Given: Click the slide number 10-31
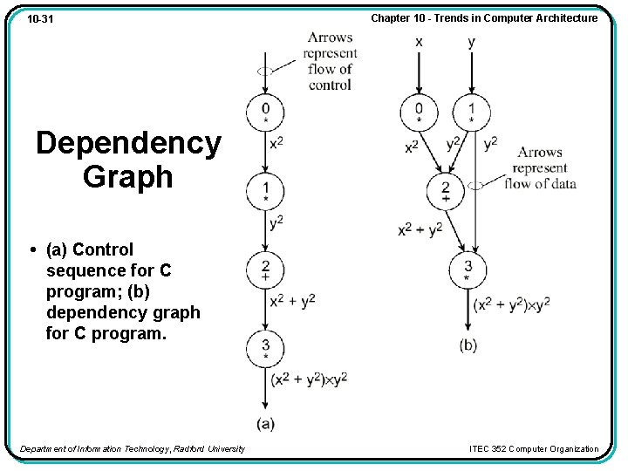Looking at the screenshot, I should tap(39, 18).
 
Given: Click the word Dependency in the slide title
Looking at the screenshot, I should tap(129, 143).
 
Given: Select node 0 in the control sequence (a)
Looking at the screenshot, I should tap(264, 112).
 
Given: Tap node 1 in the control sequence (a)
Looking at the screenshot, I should tap(264, 191).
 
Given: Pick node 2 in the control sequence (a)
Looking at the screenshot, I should tap(264, 269).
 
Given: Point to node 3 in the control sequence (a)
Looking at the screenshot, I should tap(264, 347).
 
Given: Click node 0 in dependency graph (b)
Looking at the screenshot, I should tap(420, 112).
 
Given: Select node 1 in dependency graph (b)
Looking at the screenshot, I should tap(472, 112).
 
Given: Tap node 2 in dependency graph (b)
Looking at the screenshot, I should tap(446, 190).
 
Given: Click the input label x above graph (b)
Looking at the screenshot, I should tap(420, 42).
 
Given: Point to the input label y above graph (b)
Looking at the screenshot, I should tap(472, 42).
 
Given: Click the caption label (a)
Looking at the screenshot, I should tap(266, 424).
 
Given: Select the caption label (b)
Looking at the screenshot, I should tap(468, 345).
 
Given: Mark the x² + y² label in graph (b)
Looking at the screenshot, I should tap(420, 229).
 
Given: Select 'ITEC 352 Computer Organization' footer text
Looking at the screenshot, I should tap(534, 449).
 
